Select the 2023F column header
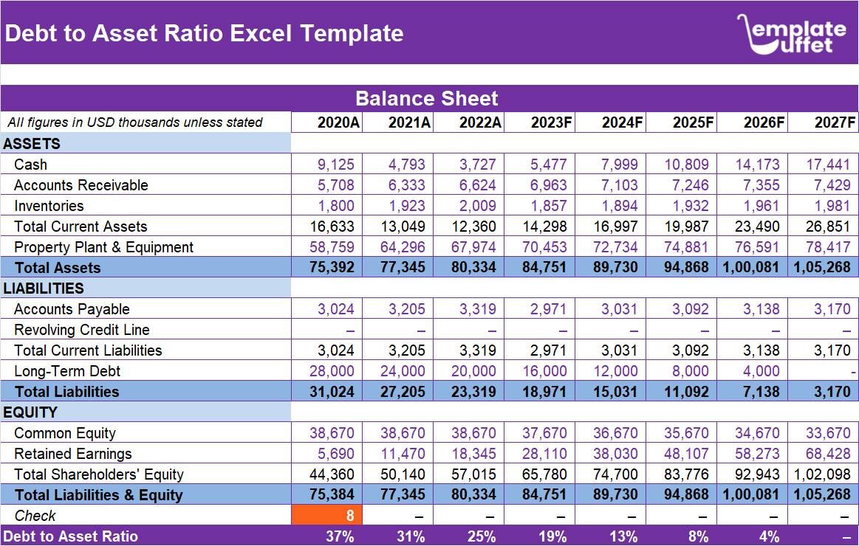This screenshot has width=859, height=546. (x=551, y=122)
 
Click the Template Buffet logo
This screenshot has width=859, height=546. (x=791, y=34)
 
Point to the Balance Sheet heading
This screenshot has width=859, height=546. (x=427, y=99)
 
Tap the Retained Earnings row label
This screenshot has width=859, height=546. (x=72, y=454)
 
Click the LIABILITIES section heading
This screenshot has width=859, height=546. (x=44, y=288)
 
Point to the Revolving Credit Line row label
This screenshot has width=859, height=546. (x=81, y=330)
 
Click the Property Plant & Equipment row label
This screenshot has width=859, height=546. (x=103, y=247)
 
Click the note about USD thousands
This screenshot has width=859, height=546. (x=134, y=122)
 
